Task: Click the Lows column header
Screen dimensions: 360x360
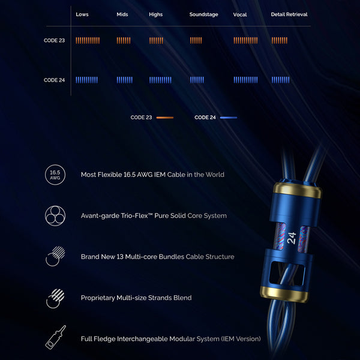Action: (82, 14)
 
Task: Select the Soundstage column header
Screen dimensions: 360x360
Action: (203, 14)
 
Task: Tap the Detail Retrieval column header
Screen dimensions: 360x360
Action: (289, 14)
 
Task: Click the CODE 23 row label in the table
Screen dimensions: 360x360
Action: (54, 40)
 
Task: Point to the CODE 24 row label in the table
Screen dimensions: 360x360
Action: (54, 80)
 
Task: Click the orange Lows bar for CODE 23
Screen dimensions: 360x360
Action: (88, 40)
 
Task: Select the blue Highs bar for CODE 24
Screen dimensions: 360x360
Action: (160, 80)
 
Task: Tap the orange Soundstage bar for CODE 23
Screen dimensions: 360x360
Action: (196, 40)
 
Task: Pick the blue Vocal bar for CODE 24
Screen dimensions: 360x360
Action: (245, 80)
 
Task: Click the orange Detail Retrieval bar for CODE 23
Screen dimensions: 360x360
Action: (280, 40)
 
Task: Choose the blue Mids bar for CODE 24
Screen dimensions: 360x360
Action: (124, 80)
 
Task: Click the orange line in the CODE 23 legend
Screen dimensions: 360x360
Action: (165, 118)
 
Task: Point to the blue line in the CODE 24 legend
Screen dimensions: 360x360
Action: (229, 118)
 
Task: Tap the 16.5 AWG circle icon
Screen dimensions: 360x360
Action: (55, 175)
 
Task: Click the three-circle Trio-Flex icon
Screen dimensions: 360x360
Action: (55, 216)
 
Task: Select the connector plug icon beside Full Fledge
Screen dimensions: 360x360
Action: (55, 337)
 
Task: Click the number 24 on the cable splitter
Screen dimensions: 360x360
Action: (292, 238)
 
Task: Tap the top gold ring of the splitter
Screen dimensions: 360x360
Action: (298, 190)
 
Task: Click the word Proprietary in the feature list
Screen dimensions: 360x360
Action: (98, 298)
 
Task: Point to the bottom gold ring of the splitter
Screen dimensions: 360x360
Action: (284, 294)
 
